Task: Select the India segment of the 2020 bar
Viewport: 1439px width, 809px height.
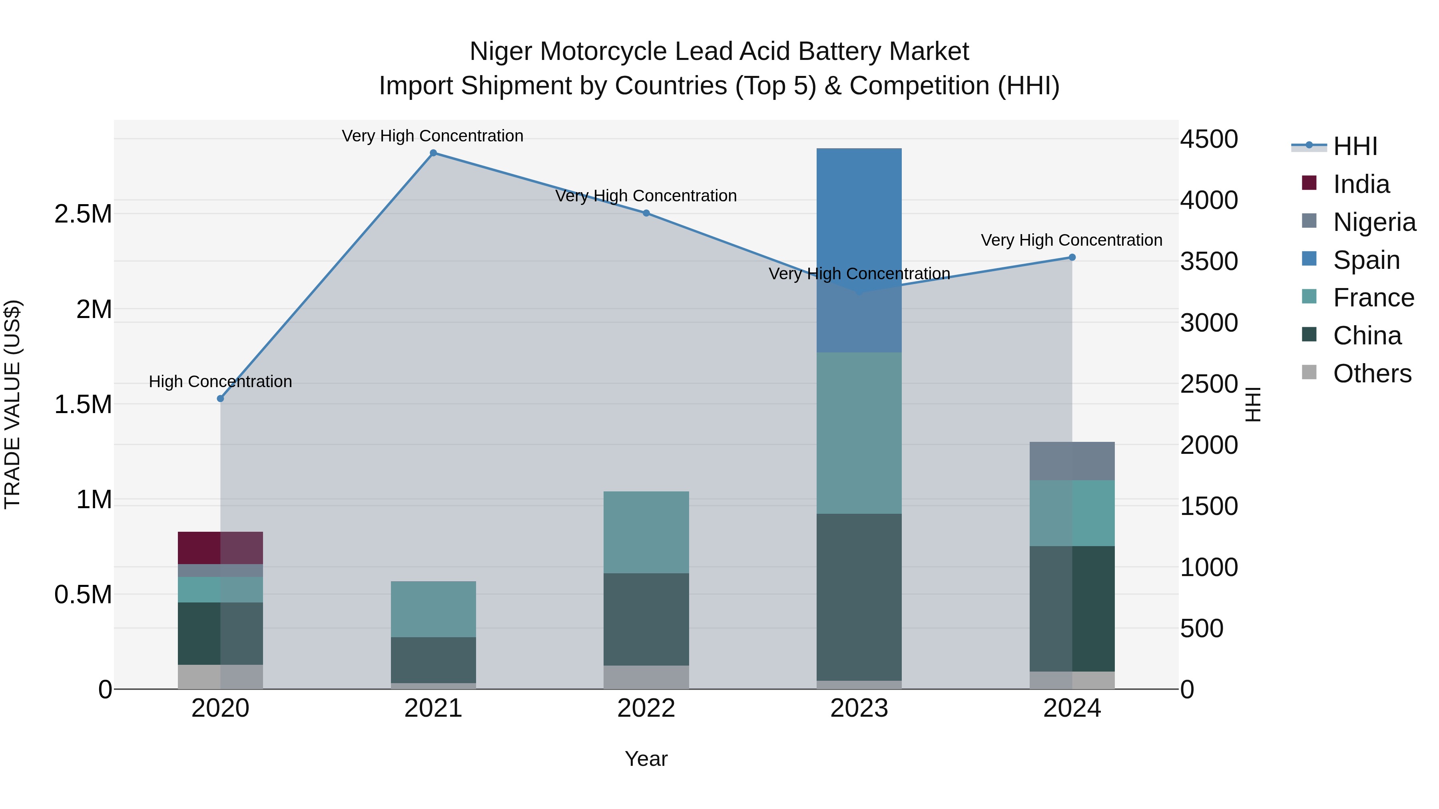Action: [x=220, y=548]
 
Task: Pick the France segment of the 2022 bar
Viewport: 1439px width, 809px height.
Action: [x=646, y=532]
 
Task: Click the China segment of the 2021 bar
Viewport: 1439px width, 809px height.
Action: [x=433, y=660]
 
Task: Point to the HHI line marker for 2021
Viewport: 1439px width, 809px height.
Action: [x=433, y=153]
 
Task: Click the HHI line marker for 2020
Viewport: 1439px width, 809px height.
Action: [x=220, y=399]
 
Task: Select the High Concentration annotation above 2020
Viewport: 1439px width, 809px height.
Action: [x=220, y=382]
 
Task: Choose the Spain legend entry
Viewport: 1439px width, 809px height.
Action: [x=1365, y=260]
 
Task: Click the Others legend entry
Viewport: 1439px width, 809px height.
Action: [x=1371, y=374]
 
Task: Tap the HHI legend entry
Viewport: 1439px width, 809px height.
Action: [x=1355, y=146]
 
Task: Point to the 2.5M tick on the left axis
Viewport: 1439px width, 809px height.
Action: [x=83, y=215]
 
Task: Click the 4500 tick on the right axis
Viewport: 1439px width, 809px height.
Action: [x=1208, y=139]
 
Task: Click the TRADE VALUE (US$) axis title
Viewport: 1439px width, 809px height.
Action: [x=12, y=404]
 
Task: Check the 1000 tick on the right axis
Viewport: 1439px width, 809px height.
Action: [x=1208, y=567]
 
